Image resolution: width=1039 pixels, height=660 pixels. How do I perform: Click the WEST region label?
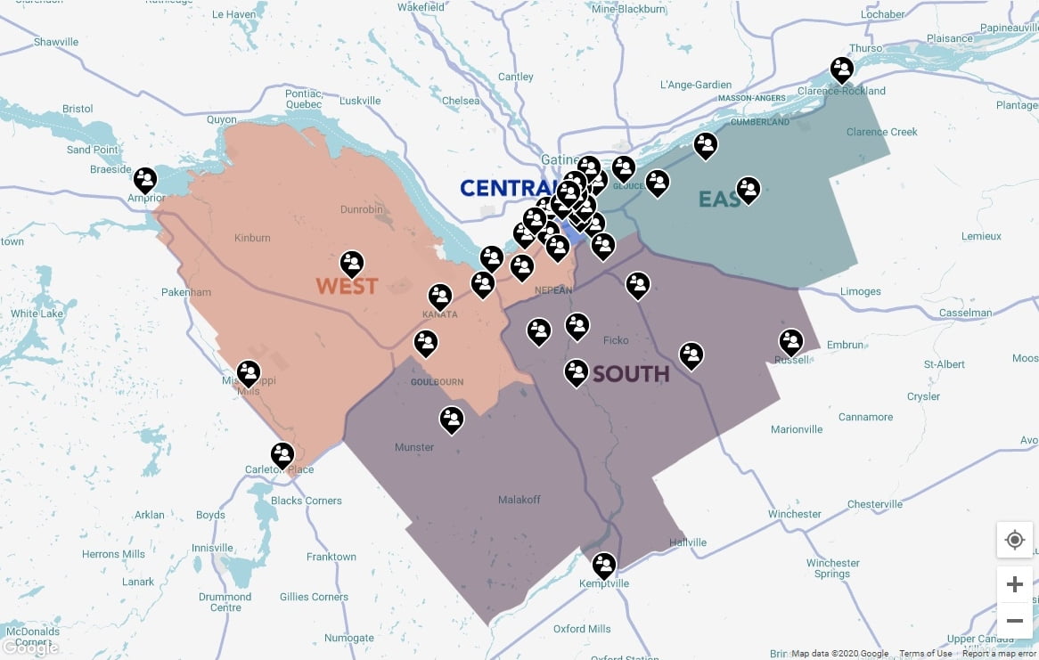coord(347,286)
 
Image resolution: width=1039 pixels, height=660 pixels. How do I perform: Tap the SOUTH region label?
coord(631,373)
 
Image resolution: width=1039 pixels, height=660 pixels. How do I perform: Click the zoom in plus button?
coord(1014,584)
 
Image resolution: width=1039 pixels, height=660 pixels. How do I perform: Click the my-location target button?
coord(1014,540)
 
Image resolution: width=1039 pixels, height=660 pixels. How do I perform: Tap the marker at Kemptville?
coord(604,566)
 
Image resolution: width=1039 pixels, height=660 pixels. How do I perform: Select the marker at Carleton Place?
coord(282,455)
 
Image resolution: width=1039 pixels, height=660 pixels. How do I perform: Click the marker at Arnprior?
coord(145,180)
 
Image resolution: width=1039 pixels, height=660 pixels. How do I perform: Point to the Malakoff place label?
coord(519,500)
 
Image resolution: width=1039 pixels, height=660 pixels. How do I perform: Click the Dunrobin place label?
coord(362,210)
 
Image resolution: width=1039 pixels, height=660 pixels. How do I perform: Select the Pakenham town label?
coord(186,292)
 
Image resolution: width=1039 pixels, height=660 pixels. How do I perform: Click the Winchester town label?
coord(795,514)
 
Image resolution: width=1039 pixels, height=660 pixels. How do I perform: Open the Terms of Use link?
coord(925,653)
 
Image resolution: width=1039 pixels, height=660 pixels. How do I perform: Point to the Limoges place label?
coord(860,291)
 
